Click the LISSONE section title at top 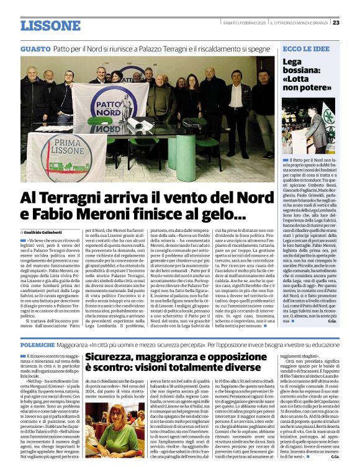coord(50,25)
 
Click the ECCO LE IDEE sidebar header coord(307,48)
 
